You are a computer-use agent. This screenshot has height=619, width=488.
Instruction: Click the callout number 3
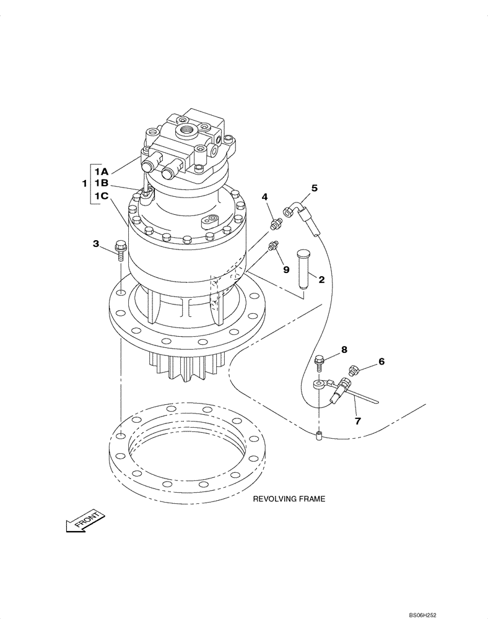coord(96,244)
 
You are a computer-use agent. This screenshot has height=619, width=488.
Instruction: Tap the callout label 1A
coord(102,171)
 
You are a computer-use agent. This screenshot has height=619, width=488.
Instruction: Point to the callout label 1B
coord(102,184)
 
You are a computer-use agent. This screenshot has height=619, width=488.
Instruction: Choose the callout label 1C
coord(102,197)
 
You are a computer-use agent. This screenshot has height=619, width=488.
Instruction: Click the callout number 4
coord(264,197)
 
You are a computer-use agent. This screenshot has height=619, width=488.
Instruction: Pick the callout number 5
coord(314,188)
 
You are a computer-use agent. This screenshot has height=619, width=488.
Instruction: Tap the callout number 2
coord(321,280)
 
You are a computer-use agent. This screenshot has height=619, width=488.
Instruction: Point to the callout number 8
coord(344,350)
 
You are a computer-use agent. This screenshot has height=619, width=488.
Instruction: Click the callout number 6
coord(381,361)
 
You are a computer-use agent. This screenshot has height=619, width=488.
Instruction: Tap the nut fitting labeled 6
coord(354,370)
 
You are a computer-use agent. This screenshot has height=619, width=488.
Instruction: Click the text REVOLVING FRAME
coord(288,498)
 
